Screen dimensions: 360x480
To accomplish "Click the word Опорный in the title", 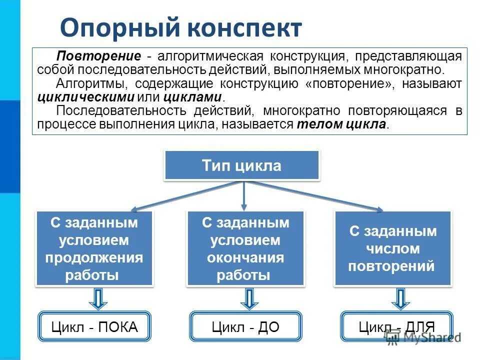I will (x=119, y=28).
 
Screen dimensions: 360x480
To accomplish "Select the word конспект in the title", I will (x=244, y=28).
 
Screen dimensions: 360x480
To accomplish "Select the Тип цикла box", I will (x=241, y=165).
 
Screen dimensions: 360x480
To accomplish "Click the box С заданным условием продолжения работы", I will (x=94, y=248).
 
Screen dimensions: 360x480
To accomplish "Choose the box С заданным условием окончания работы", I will (x=245, y=248).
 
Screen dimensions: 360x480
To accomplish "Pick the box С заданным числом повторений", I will (x=392, y=248).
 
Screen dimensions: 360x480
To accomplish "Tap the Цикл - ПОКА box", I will (x=94, y=327).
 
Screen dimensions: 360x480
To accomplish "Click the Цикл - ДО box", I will (x=245, y=327).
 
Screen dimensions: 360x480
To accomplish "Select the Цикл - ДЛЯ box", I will (x=396, y=327).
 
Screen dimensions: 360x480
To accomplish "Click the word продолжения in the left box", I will (x=94, y=257).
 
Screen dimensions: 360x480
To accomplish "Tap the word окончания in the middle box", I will (x=245, y=257).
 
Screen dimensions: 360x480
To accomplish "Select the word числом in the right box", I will (x=392, y=248).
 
